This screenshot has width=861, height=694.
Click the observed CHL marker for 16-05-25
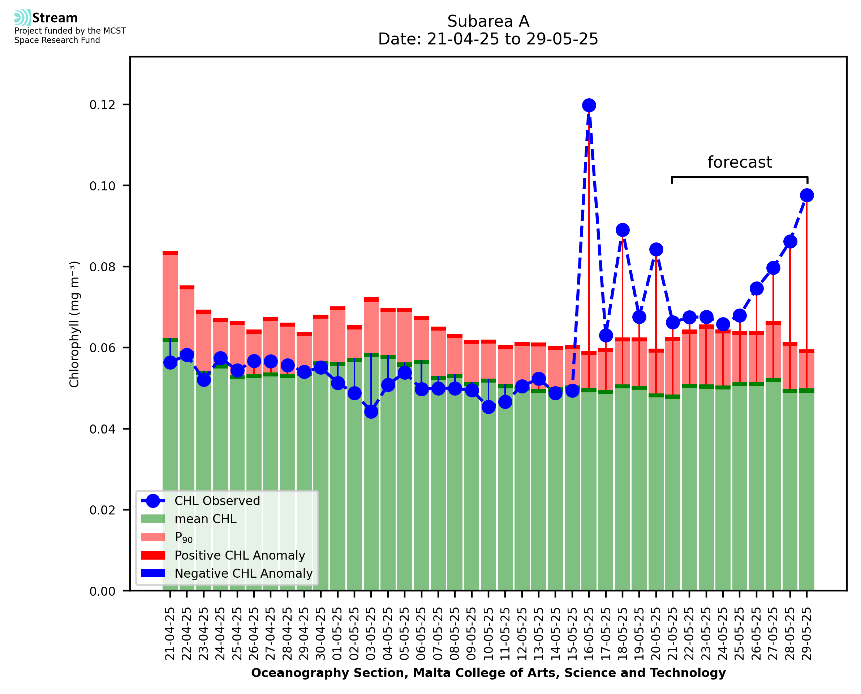pyautogui.click(x=589, y=105)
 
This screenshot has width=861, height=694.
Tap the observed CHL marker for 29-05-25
pyautogui.click(x=807, y=195)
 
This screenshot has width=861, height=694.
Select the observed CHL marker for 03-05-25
pyautogui.click(x=371, y=412)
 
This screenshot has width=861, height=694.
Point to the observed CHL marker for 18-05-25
pyautogui.click(x=623, y=230)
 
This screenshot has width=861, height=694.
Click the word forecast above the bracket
pyautogui.click(x=740, y=162)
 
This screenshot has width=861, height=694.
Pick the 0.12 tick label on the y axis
pyautogui.click(x=102, y=105)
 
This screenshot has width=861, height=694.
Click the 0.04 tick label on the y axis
pyautogui.click(x=102, y=429)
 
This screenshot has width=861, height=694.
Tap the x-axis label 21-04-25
pyautogui.click(x=170, y=634)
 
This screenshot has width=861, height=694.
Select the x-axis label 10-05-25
pyautogui.click(x=488, y=634)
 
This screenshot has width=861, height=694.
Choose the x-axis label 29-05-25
pyautogui.click(x=807, y=634)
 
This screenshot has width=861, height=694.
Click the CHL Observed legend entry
pyautogui.click(x=217, y=501)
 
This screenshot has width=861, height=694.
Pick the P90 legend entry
pyautogui.click(x=184, y=537)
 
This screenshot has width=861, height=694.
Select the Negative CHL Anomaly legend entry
pyautogui.click(x=243, y=573)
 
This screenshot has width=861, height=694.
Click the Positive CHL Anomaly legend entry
pyautogui.click(x=240, y=555)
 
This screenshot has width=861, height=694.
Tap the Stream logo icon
pyautogui.click(x=23, y=18)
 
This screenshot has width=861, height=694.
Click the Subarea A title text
pyautogui.click(x=488, y=21)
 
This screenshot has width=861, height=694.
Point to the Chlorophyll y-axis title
pyautogui.click(x=74, y=324)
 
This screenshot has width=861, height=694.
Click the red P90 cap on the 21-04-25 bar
pyautogui.click(x=170, y=253)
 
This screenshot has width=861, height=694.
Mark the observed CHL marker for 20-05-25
pyautogui.click(x=656, y=249)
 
